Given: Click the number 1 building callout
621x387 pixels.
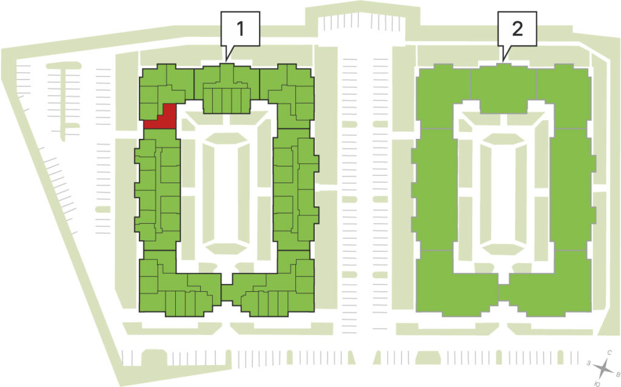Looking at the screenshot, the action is tap(240, 29).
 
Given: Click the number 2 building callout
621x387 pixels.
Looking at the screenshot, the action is tap(517, 29).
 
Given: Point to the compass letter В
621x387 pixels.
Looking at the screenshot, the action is tap(617, 374).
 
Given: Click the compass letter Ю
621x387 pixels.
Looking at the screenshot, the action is tap(597, 383).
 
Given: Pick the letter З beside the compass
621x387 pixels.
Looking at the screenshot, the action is tap(589, 363).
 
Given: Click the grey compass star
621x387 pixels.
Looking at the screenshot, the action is tap(603, 369).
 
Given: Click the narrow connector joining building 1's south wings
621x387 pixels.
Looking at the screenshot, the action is tap(227, 293).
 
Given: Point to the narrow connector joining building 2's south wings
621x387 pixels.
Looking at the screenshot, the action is tap(503, 293).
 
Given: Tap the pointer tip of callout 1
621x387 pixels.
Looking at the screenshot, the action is tap(226, 62).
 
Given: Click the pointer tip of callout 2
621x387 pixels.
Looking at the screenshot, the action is tap(503, 62).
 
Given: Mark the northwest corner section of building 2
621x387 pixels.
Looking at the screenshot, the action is tap(443, 95).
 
